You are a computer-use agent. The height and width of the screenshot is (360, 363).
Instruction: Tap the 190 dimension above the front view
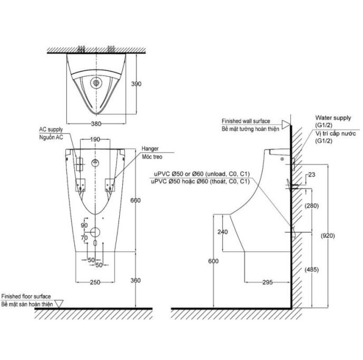pos(95,140)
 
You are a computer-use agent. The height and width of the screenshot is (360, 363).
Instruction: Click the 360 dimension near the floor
pos(135,280)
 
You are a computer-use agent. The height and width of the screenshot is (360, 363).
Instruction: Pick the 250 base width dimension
pos(95,283)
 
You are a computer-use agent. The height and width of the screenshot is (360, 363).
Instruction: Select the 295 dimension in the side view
pos(268,283)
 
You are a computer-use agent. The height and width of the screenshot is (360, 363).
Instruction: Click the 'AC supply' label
pos(51,129)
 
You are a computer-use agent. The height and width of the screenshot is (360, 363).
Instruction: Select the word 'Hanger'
pos(150,149)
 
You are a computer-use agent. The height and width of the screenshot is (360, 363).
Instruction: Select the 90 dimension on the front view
pos(84,226)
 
